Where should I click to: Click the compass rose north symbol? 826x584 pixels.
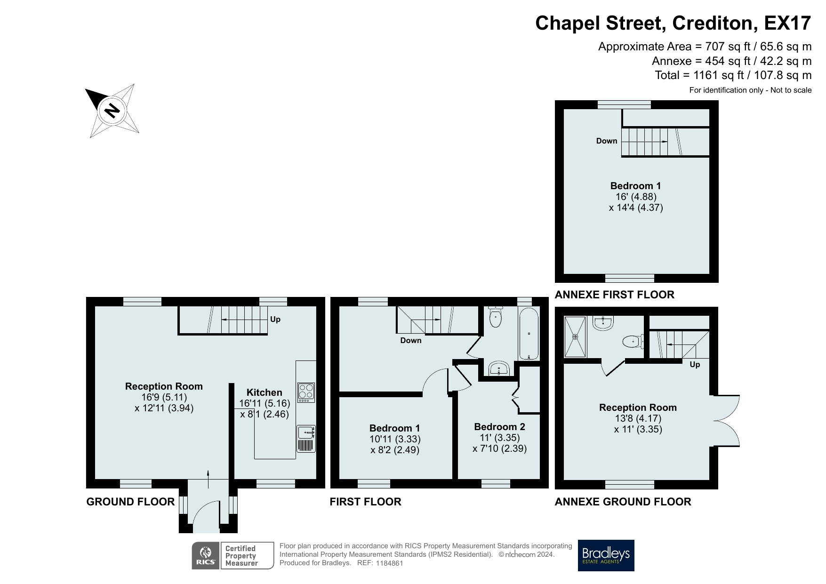point(112,111)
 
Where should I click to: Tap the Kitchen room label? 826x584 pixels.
point(265,392)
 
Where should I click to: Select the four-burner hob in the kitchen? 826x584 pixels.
point(306,392)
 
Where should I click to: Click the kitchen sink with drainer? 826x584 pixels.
point(306,439)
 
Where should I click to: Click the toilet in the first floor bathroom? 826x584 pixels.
point(496,316)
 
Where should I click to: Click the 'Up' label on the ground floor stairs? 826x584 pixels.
point(275,320)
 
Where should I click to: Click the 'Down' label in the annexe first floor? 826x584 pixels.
point(607,141)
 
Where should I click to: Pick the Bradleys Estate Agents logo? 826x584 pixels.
point(606,555)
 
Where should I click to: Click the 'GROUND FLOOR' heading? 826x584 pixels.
point(130,502)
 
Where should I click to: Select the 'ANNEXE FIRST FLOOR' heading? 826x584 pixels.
point(615,295)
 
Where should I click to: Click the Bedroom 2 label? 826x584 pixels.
point(499,427)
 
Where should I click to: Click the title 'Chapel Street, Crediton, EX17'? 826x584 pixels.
point(674,23)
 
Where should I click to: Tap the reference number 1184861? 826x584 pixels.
point(390,563)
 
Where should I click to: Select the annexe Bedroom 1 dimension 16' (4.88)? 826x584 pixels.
point(636,197)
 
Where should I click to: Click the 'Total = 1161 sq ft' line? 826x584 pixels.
point(733,75)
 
